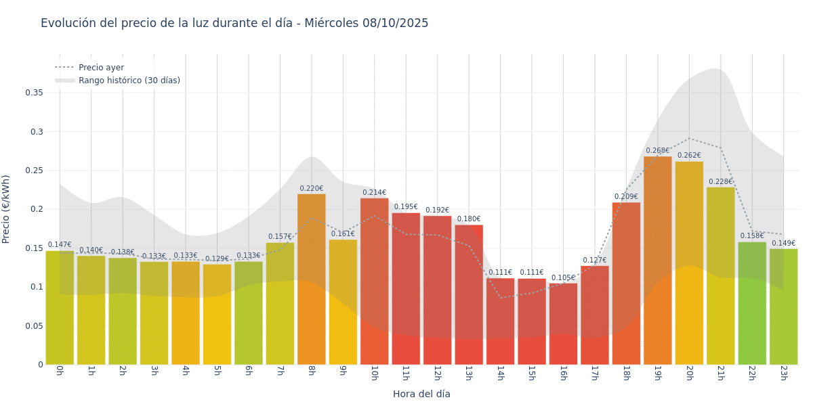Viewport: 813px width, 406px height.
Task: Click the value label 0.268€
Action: point(657,151)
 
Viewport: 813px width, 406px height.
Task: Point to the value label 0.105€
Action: point(563,278)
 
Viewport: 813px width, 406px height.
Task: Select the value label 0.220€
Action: point(311,189)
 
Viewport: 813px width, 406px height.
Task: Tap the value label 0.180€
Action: point(469,219)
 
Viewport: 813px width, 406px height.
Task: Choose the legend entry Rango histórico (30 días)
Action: point(129,81)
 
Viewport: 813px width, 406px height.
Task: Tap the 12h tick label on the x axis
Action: point(437,373)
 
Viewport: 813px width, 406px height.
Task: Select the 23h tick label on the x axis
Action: point(783,373)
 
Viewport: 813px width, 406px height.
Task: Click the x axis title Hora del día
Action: point(421,394)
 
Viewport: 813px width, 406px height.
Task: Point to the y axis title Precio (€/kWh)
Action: point(7,209)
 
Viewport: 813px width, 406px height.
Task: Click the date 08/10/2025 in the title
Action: point(394,23)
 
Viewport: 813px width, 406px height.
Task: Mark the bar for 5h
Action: point(217,314)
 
